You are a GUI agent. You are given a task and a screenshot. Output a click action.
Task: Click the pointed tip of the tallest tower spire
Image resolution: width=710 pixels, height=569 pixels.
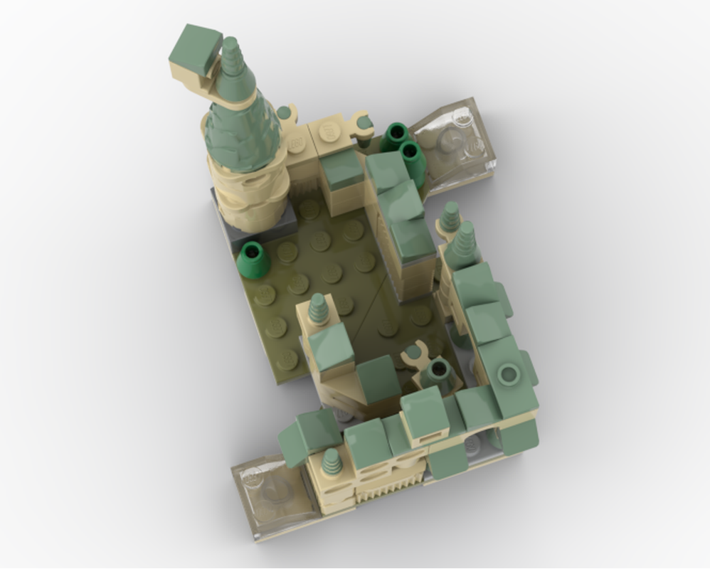click(x=230, y=44)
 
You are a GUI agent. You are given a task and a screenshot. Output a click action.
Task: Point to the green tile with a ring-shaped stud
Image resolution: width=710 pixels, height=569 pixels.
click(x=508, y=374)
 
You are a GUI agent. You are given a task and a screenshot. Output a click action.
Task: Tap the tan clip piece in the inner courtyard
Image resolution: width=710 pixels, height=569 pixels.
click(x=415, y=353)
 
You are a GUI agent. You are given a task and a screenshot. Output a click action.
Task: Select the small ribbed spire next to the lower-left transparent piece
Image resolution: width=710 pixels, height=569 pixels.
click(x=330, y=462)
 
